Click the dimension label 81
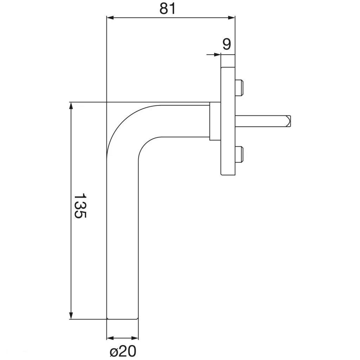click(x=168, y=9)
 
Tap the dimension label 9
click(x=227, y=44)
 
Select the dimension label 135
click(x=80, y=205)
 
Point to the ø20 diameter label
click(x=123, y=351)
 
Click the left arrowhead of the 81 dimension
click(x=110, y=18)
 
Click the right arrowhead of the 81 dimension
click(x=231, y=18)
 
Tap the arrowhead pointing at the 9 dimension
click(x=217, y=54)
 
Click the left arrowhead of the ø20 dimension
click(x=110, y=338)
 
